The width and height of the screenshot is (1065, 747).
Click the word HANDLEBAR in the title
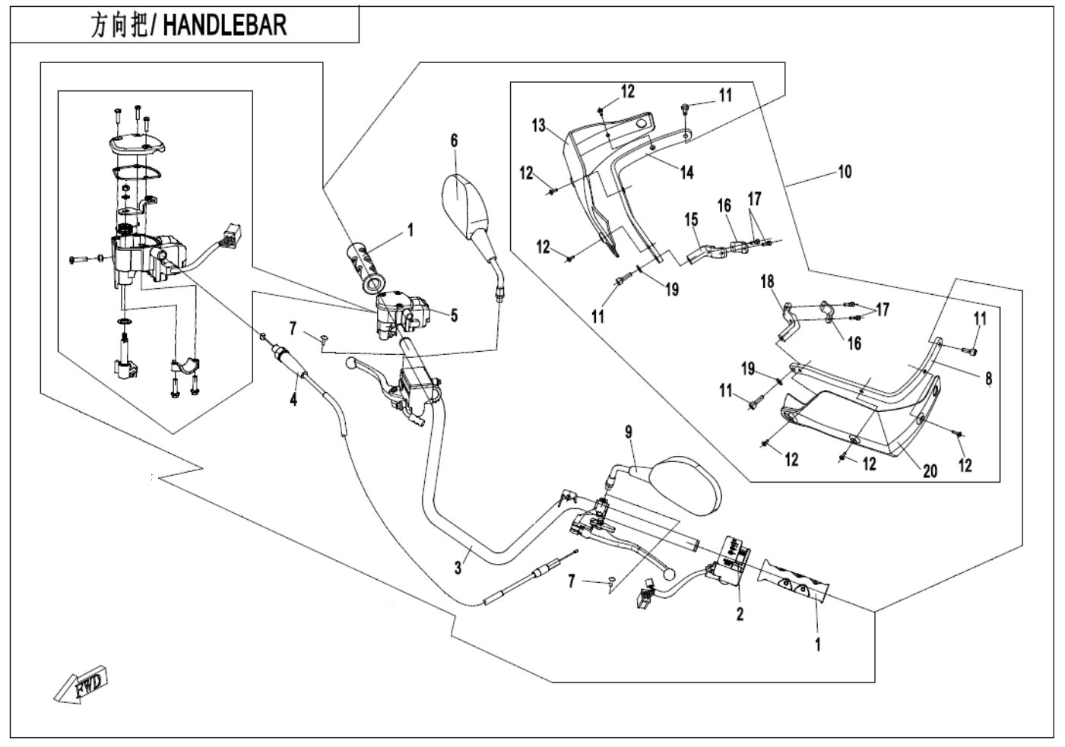point(225,25)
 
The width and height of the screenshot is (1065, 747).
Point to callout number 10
point(845,172)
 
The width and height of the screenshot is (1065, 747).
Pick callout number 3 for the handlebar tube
point(458,567)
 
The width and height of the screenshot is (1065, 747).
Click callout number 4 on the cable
point(293,398)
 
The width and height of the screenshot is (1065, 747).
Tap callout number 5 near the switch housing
point(454,315)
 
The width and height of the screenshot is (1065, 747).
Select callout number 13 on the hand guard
point(539,125)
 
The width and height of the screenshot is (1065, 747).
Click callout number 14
point(687,173)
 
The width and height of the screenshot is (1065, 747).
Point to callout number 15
point(691,220)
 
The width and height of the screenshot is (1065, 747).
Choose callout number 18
point(767,281)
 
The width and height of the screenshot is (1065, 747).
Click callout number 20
point(930,471)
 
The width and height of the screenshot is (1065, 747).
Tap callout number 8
point(988,378)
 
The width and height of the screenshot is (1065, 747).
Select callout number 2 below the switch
point(740,613)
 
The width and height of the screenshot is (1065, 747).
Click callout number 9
point(629,432)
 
